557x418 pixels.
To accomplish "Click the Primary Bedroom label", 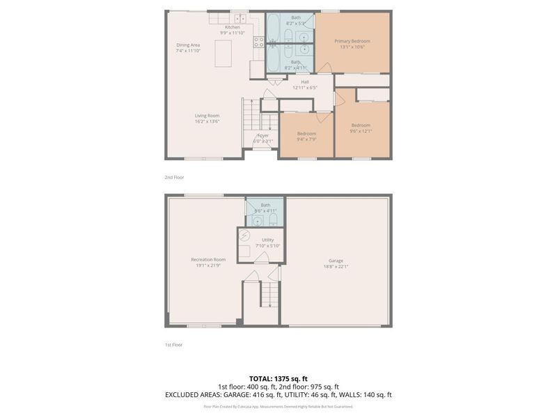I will (352, 41).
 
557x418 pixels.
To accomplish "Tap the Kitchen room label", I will (232, 27).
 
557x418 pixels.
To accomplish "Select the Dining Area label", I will (188, 45).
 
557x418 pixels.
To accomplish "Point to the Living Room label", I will (207, 116).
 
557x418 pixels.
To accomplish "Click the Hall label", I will (305, 82).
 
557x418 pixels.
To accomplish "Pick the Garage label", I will (336, 261).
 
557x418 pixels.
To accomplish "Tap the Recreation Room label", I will (208, 260).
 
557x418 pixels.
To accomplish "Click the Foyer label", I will (262, 135).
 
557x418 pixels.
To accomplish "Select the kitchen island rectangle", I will (223, 54).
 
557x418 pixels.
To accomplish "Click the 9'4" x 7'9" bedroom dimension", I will (306, 139).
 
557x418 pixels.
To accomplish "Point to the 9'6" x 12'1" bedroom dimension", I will (361, 131).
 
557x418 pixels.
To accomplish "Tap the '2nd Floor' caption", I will (174, 177).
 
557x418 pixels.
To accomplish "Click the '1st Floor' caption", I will (173, 344).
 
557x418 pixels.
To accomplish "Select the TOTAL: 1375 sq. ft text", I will (278, 378).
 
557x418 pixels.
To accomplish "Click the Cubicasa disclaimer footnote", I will (278, 406).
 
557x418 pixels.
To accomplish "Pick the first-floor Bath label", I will (265, 206).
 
